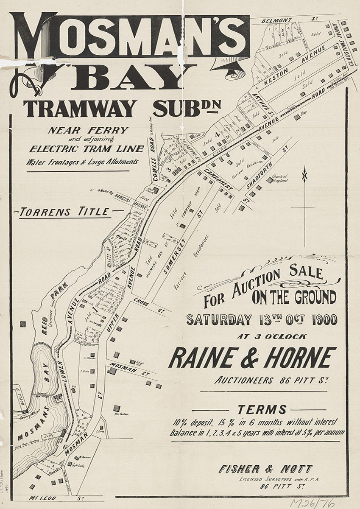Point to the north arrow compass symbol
coord(304,174)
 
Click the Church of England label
coord(279,178)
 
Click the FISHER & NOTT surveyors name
coord(266,469)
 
